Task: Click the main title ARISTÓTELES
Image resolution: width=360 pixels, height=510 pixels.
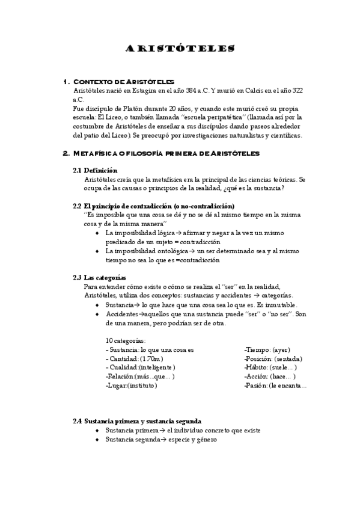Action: tap(180, 48)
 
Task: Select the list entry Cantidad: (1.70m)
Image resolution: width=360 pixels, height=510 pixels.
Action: tap(130, 358)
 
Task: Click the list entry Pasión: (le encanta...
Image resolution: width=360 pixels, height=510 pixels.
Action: tap(275, 385)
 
